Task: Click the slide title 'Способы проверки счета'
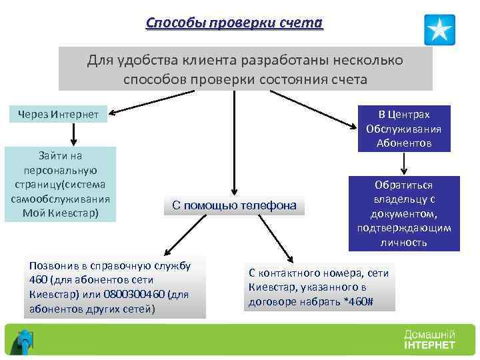[x=234, y=23]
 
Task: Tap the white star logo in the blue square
[x=439, y=30]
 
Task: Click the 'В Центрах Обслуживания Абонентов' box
[x=403, y=129]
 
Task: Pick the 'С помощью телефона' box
[x=234, y=206]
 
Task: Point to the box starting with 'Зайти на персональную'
[x=59, y=184]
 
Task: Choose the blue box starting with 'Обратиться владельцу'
[x=403, y=213]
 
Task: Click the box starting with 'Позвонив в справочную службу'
[x=114, y=287]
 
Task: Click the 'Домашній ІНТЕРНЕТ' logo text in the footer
[x=429, y=339]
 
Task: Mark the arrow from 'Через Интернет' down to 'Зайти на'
[x=73, y=134]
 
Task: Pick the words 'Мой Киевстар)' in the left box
[x=59, y=213]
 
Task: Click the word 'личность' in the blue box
[x=403, y=242]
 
